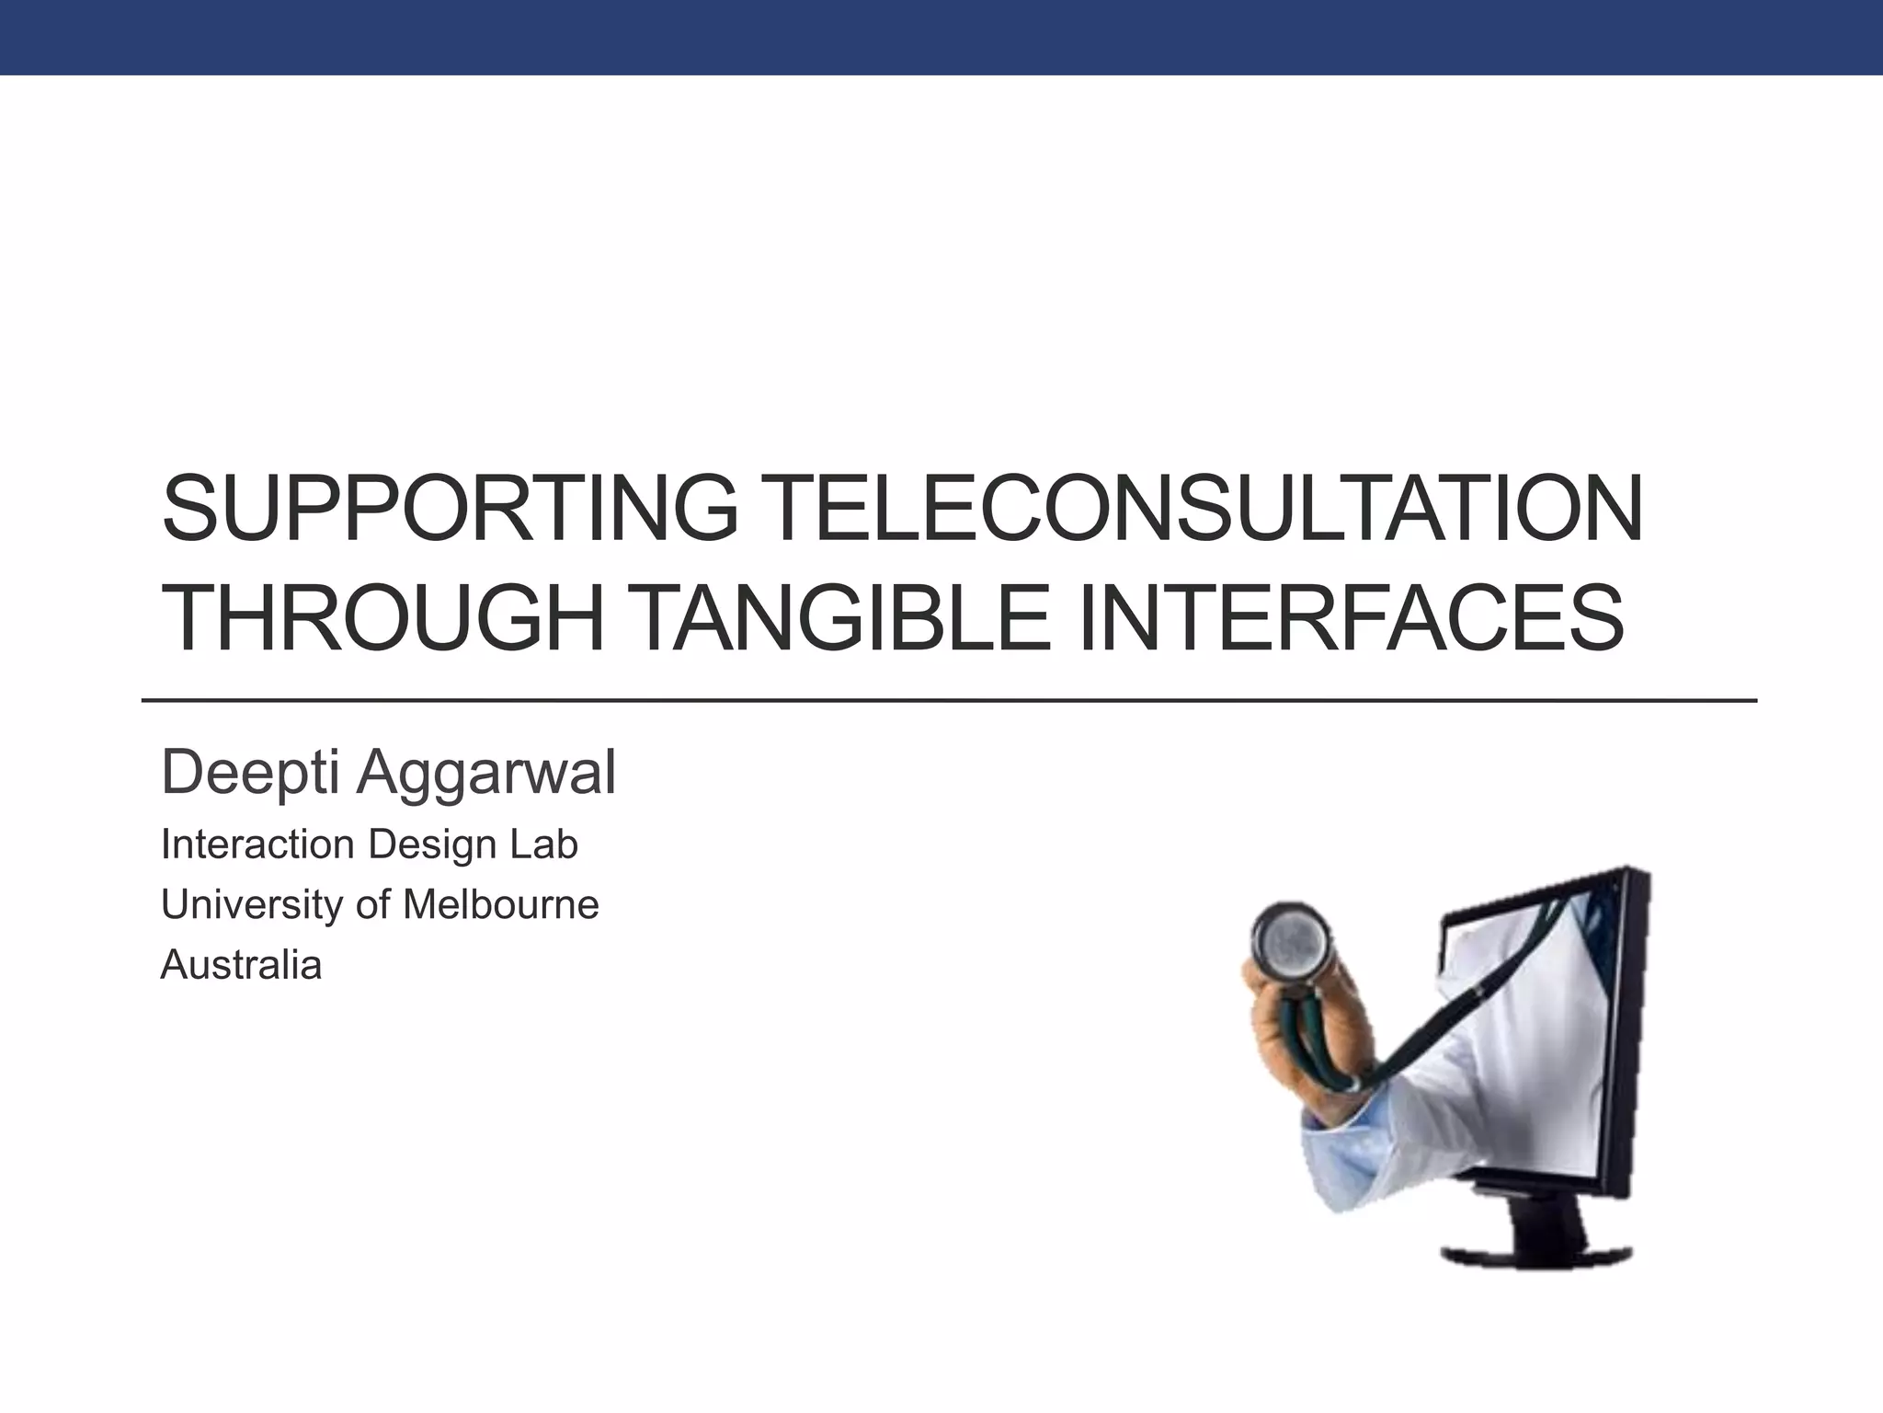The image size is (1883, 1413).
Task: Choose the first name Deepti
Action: pos(250,773)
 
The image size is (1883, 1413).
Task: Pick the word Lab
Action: pos(547,844)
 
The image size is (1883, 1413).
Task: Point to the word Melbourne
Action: pos(501,905)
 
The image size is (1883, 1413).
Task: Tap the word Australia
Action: pos(241,965)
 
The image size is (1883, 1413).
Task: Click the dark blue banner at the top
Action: pos(941,37)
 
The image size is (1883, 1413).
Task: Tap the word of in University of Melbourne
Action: pos(372,905)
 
